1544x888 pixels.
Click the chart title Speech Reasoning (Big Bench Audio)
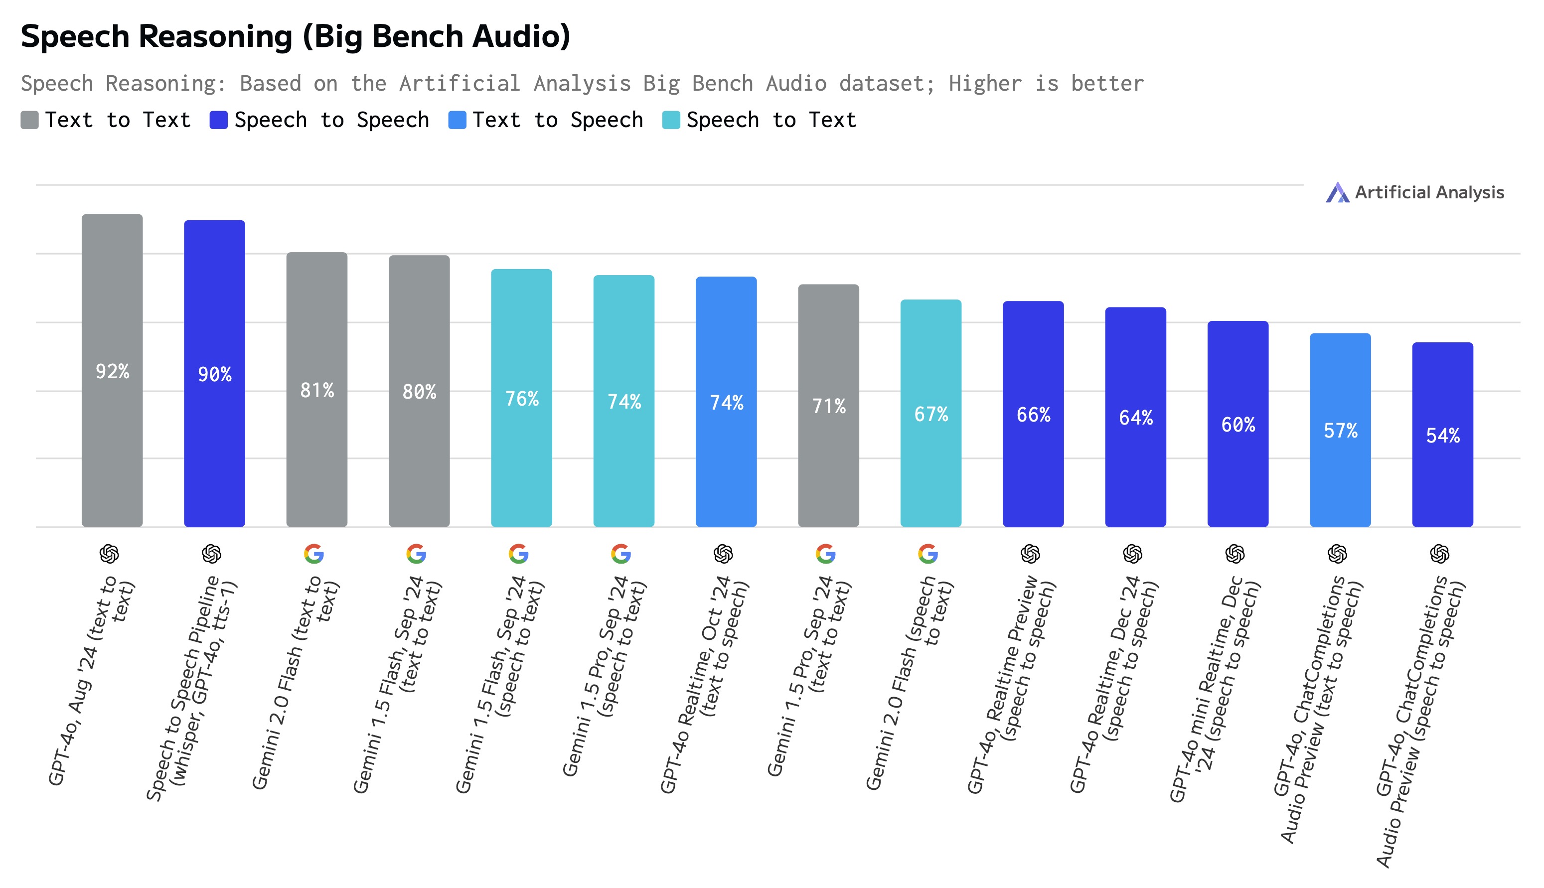[295, 36]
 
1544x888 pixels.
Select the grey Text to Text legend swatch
[29, 120]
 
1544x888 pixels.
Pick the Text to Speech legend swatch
[457, 120]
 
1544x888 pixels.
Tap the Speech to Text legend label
[771, 120]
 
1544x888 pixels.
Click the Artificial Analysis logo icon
[1337, 193]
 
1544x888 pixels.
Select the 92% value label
[112, 371]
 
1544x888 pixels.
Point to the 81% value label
[317, 390]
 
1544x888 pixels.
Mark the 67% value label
[931, 415]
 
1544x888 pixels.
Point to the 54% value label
[1443, 436]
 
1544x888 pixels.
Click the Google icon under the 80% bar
[416, 554]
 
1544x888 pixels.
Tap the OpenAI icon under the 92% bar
[109, 554]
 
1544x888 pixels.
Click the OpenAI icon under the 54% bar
[1440, 554]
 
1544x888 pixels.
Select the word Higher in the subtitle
[985, 84]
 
